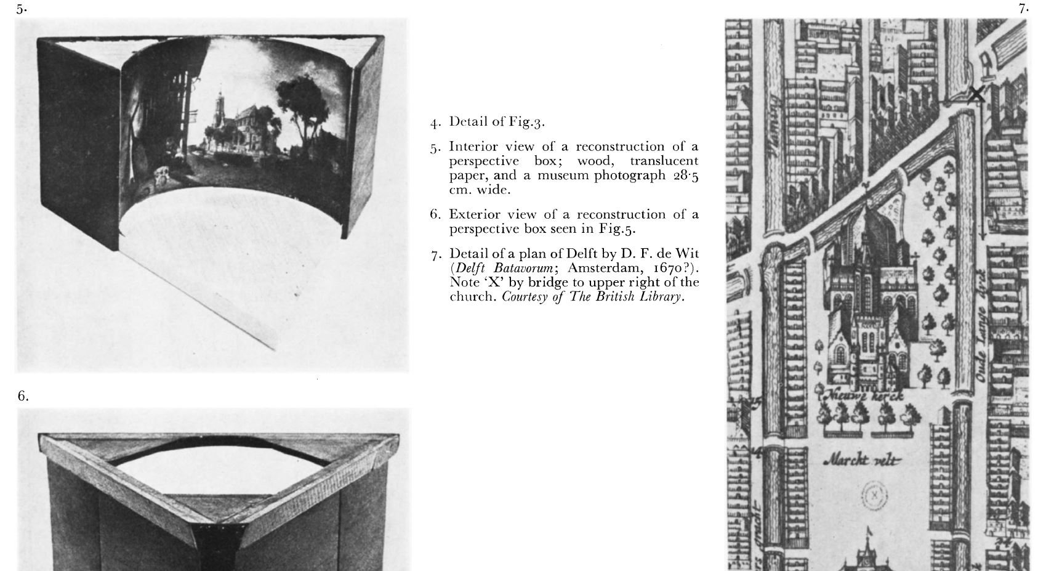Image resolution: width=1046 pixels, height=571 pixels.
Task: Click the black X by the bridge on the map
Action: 976,94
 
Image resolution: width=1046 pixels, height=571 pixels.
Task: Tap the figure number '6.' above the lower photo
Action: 23,396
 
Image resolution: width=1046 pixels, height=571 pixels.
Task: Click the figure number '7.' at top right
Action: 1024,9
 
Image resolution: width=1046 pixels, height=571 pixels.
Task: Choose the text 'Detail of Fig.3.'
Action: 497,121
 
